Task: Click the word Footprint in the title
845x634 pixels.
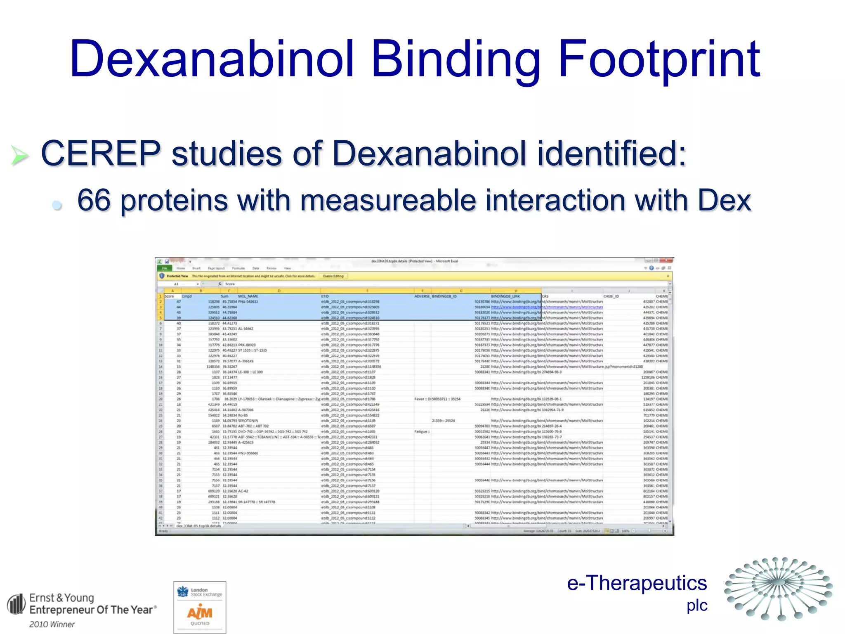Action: tap(659, 59)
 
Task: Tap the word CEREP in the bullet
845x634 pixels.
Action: tap(101, 154)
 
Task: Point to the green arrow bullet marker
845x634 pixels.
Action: tap(19, 156)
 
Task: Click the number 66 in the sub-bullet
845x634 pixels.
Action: tap(94, 201)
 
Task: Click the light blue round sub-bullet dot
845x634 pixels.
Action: tap(57, 204)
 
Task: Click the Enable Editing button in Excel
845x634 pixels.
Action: tap(333, 276)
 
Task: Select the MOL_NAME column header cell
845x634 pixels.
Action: tap(248, 296)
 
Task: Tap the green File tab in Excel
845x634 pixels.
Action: tap(165, 268)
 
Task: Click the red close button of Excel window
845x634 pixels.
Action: tap(666, 261)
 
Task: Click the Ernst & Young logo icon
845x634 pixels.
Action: tap(16, 604)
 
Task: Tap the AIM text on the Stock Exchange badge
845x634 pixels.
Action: tap(200, 613)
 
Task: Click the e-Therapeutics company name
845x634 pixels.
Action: tap(637, 583)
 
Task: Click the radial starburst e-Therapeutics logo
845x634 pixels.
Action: tap(778, 588)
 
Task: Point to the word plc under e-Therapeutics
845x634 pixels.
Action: tap(697, 606)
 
